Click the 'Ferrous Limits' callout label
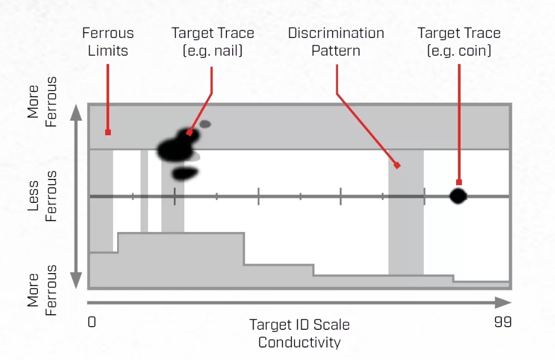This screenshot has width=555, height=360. (108, 42)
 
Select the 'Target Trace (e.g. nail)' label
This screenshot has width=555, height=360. (212, 42)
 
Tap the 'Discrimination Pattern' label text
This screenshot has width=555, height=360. (336, 42)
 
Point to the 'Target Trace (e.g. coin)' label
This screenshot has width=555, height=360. (459, 42)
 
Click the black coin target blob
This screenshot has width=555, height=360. (458, 196)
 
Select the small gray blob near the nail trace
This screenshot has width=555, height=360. (205, 124)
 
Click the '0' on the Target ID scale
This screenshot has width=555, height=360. (92, 322)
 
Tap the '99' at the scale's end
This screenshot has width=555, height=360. (502, 322)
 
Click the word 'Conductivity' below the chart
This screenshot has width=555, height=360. (299, 342)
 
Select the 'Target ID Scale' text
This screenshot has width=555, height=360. (299, 325)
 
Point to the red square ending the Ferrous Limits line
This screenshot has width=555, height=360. (108, 132)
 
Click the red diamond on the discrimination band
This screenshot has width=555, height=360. (397, 165)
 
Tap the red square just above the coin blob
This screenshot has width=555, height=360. (459, 182)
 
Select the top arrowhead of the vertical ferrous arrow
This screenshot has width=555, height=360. (77, 112)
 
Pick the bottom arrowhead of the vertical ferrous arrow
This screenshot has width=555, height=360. (77, 281)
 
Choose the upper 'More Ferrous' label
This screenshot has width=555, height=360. (42, 102)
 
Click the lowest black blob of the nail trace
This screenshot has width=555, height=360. (185, 173)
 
